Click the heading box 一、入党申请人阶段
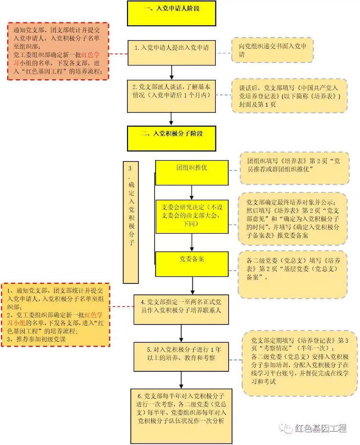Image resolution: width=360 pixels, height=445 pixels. coord(171,13)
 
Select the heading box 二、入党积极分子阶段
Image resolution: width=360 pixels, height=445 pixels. coord(171,138)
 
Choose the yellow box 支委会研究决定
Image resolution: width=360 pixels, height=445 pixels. coord(192,216)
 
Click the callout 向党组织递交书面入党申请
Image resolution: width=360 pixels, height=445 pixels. coord(273,50)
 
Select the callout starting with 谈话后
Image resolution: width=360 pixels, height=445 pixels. coord(289,96)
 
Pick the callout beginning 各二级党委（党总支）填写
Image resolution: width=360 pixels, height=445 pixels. coord(293,273)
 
